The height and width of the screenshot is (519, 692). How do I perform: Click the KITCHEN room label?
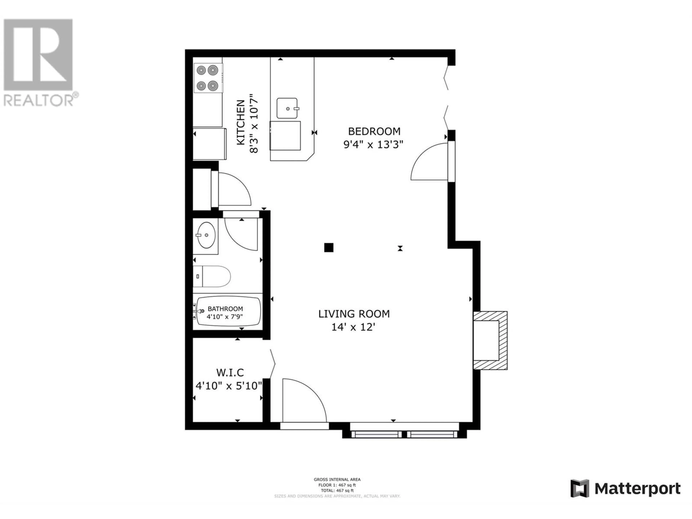(241, 122)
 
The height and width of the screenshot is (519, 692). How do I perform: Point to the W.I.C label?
(230, 373)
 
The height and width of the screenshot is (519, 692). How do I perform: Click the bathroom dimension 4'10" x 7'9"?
(225, 317)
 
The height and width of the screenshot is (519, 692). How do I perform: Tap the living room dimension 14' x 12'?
(353, 327)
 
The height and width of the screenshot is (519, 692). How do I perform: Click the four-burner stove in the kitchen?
(208, 78)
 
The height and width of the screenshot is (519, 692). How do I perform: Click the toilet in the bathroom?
(212, 276)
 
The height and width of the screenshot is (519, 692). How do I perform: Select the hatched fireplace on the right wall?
(490, 340)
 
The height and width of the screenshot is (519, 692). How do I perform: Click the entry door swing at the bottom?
(304, 400)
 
